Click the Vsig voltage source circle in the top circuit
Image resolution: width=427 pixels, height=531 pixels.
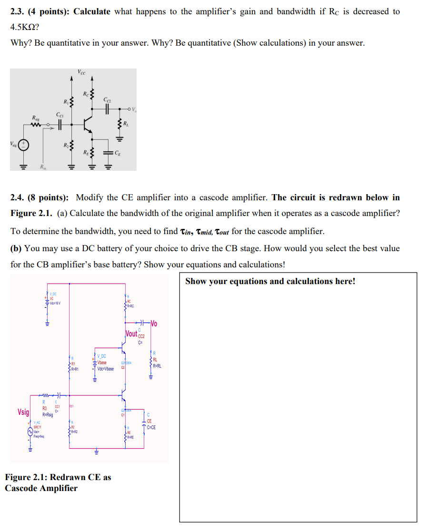click(x=23, y=146)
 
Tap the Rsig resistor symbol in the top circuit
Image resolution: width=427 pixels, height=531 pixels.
click(x=36, y=126)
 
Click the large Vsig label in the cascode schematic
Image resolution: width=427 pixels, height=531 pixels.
click(x=23, y=412)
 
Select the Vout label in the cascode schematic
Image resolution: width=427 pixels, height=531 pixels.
click(x=131, y=334)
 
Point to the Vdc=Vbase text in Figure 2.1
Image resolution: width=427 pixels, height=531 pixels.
click(x=105, y=369)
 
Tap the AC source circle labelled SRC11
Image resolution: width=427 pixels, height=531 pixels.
click(x=30, y=432)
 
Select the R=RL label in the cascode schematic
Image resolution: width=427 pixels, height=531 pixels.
click(x=156, y=366)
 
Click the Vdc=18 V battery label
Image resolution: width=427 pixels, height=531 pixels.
click(x=54, y=303)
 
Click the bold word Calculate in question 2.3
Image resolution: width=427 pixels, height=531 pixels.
click(x=92, y=11)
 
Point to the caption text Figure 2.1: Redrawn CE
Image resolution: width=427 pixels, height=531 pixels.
click(x=58, y=477)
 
